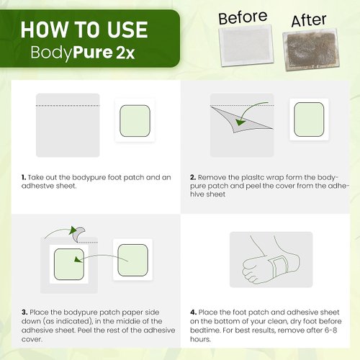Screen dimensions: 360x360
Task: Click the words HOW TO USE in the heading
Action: click(x=84, y=30)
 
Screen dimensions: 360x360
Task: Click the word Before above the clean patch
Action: click(x=243, y=17)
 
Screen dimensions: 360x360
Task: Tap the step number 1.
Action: click(x=23, y=176)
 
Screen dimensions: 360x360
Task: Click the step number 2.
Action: click(x=192, y=176)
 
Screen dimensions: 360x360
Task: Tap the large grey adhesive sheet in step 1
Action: click(x=68, y=127)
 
